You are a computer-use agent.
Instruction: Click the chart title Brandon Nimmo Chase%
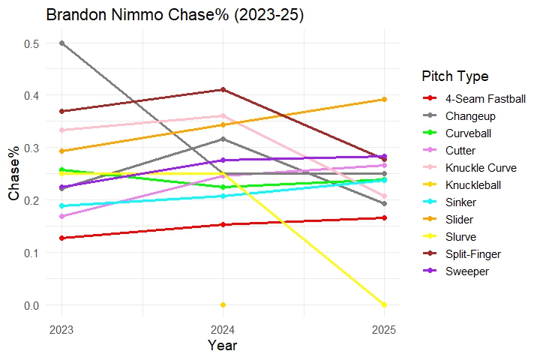click(175, 16)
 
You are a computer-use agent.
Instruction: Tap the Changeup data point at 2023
click(61, 43)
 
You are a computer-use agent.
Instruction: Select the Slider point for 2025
click(384, 99)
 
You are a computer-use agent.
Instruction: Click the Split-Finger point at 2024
click(223, 89)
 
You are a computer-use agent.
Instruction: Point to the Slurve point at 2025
click(384, 304)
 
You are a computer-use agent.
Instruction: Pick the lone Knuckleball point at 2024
click(223, 304)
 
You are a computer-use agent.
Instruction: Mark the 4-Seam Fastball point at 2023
click(61, 238)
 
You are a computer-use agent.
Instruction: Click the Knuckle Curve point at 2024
click(223, 115)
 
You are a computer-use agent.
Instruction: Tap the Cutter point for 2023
click(61, 216)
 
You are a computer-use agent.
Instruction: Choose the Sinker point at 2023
click(61, 205)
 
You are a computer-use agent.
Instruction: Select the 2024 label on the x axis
click(223, 329)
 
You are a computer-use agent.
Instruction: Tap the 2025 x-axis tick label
click(384, 329)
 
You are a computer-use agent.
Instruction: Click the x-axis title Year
click(223, 346)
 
